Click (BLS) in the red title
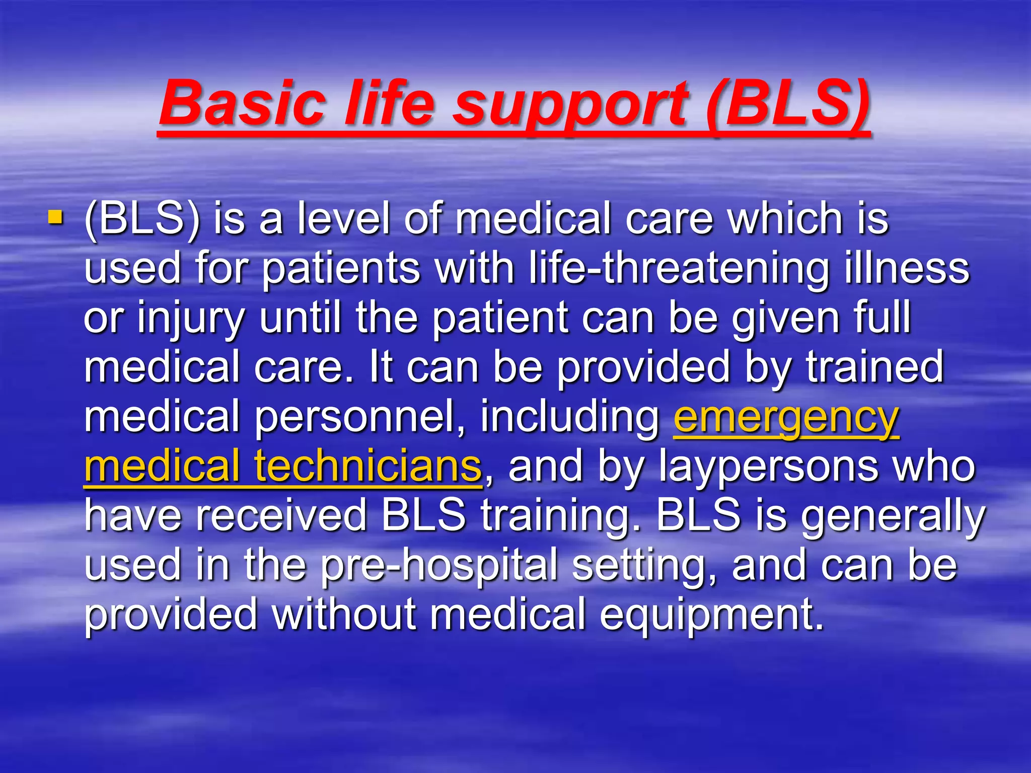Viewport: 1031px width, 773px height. [x=788, y=103]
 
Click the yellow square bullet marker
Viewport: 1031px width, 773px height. [x=55, y=218]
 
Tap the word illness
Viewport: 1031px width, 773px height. [x=906, y=268]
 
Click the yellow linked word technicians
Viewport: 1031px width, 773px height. [x=367, y=466]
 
